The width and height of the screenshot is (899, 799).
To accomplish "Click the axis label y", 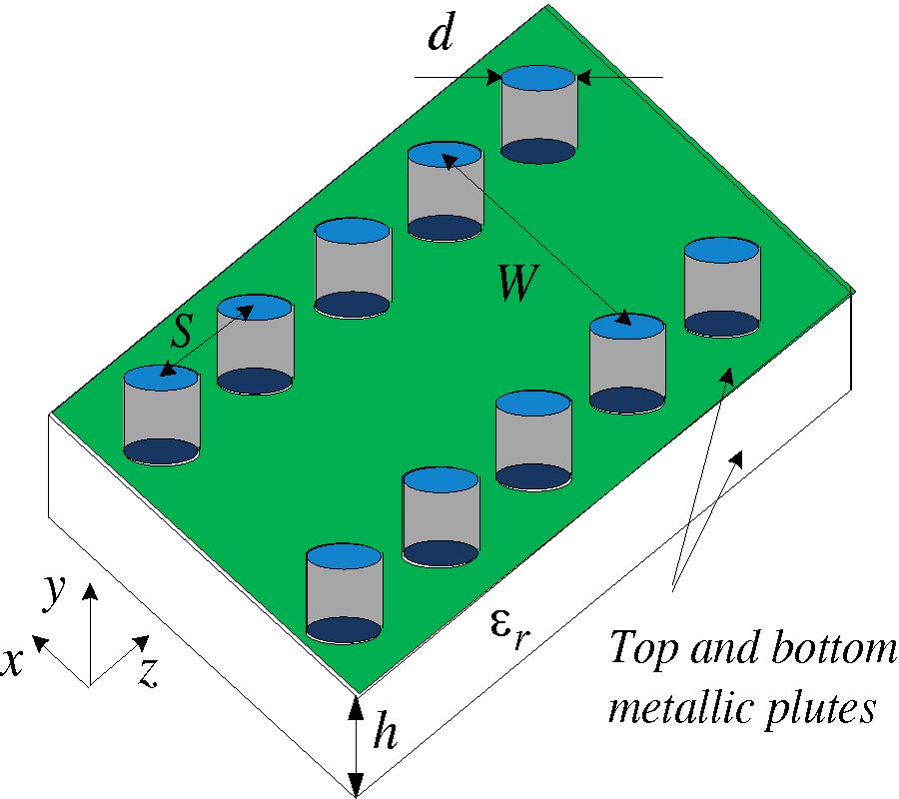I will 55,593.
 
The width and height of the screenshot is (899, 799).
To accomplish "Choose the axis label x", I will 12,663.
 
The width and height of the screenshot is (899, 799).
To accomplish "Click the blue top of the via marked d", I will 538,77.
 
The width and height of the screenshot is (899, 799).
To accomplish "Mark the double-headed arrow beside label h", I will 356,744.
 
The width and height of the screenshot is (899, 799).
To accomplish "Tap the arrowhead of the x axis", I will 40,641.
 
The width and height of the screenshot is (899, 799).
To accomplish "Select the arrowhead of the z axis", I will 142,641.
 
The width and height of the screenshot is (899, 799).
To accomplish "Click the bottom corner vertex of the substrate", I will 356,797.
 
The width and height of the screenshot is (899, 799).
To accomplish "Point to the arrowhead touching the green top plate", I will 729,374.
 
